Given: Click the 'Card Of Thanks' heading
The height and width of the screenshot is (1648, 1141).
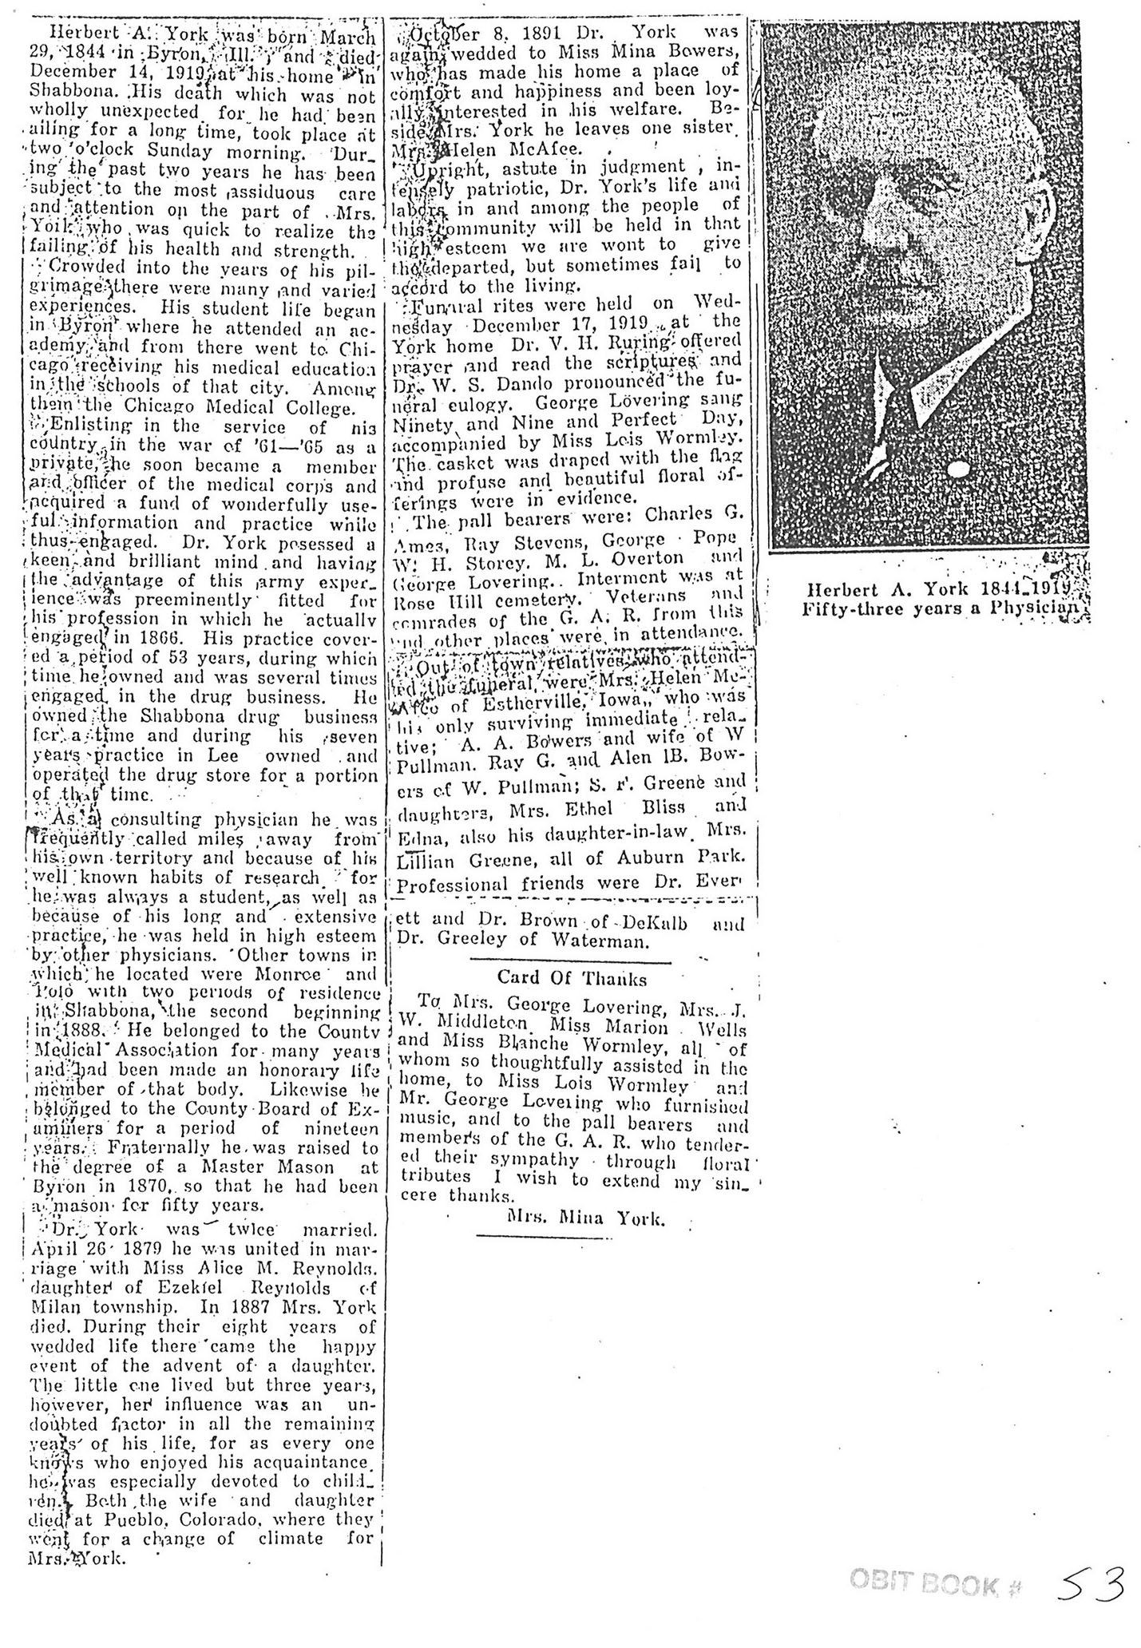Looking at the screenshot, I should (x=572, y=977).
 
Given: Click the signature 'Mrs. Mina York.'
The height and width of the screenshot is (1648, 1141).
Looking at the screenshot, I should (x=585, y=1218).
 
